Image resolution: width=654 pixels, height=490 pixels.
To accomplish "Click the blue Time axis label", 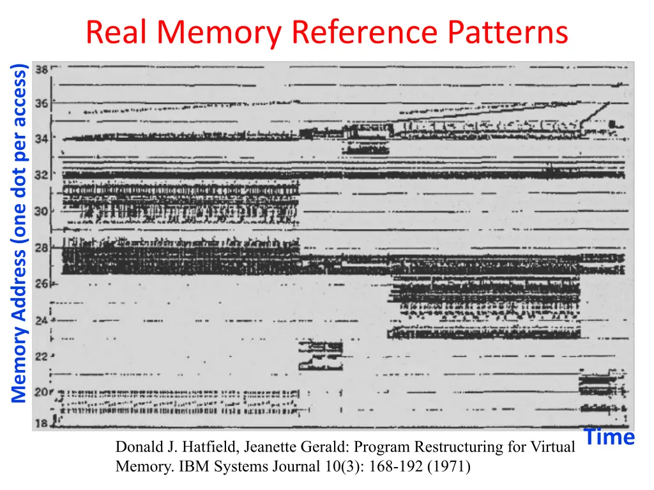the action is pyautogui.click(x=609, y=438).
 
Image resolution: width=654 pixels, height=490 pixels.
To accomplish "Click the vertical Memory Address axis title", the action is pyautogui.click(x=19, y=233).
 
